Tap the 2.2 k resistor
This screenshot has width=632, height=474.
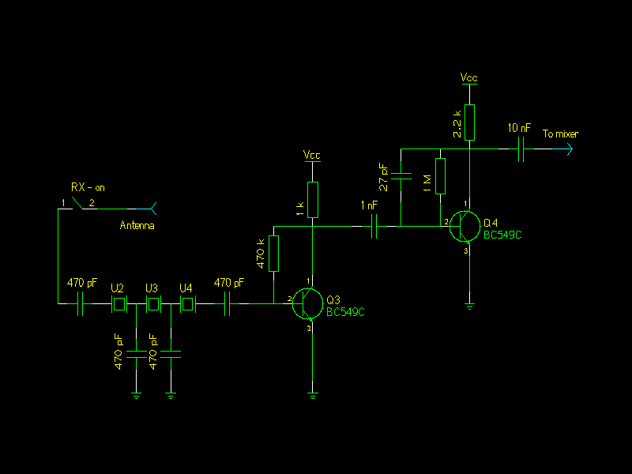pyautogui.click(x=470, y=122)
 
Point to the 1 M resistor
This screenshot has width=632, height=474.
pyautogui.click(x=440, y=176)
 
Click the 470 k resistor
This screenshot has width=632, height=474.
pyautogui.click(x=274, y=253)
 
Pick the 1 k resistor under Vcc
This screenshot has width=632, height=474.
pyautogui.click(x=313, y=199)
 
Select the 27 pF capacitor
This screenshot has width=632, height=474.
pyautogui.click(x=402, y=176)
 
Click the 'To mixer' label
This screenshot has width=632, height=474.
pyautogui.click(x=560, y=134)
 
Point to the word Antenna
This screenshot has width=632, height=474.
pyautogui.click(x=137, y=226)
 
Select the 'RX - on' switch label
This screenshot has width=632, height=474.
pyautogui.click(x=88, y=188)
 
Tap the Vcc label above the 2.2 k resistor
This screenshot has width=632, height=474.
pyautogui.click(x=469, y=78)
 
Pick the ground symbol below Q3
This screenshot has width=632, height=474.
pyautogui.click(x=314, y=394)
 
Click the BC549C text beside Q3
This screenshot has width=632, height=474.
pyautogui.click(x=345, y=312)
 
